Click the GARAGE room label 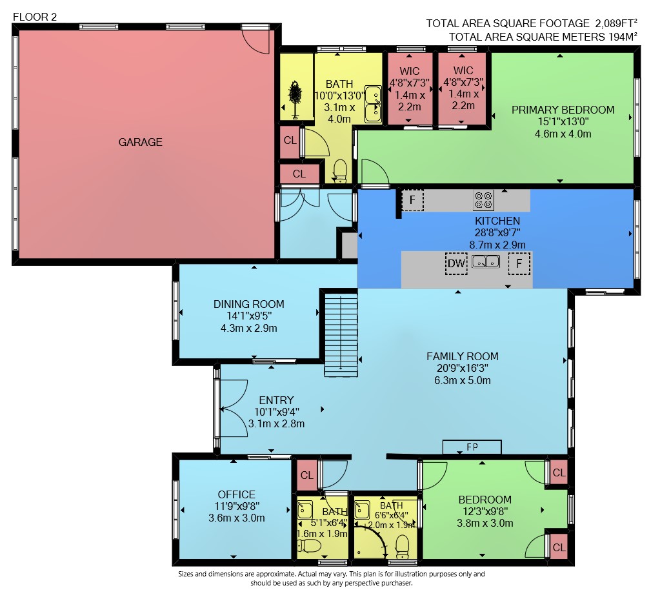[140, 142]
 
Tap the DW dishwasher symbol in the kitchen [456, 263]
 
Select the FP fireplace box [472, 447]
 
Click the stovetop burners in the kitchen [484, 200]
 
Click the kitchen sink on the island [486, 261]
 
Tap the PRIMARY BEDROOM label [563, 110]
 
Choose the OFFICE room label [237, 494]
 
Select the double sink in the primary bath [373, 105]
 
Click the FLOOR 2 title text [35, 17]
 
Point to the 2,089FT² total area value [615, 23]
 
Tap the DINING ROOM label [249, 304]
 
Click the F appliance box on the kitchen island [519, 263]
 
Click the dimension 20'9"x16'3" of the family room [462, 368]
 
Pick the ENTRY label [277, 400]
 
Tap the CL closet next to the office [307, 475]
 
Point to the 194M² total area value [623, 37]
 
